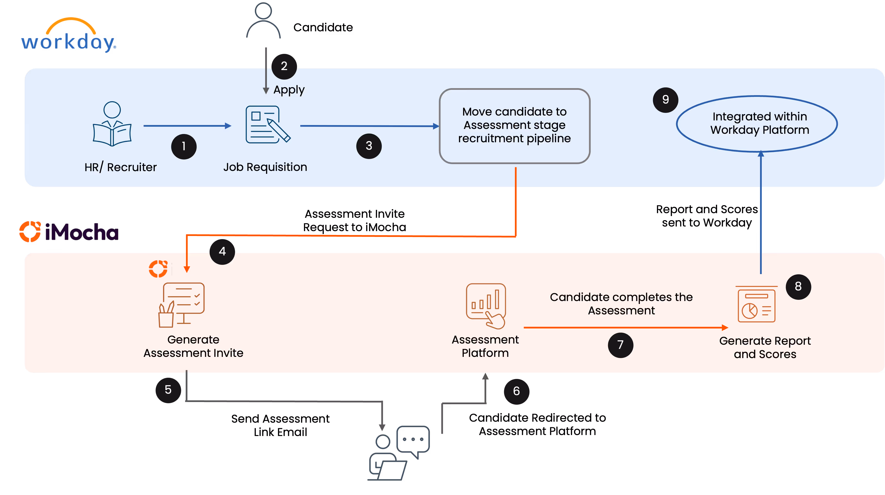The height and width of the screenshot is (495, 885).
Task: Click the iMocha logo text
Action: point(82,232)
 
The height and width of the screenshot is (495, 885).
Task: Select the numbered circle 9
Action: point(665,100)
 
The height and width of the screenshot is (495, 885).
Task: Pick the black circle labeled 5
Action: point(168,390)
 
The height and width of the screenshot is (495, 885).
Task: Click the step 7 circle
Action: point(620,345)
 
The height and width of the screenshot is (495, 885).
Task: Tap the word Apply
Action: point(289,90)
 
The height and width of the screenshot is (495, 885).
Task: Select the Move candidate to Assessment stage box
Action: point(514,126)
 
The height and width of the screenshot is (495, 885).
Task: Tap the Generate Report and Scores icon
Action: point(756,305)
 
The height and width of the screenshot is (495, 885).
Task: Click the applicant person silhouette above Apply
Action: point(264,21)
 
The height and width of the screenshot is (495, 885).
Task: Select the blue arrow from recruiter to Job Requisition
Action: point(187,126)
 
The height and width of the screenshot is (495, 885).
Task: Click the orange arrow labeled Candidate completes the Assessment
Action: point(625,327)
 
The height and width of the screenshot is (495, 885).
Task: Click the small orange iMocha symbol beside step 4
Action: point(158,268)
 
